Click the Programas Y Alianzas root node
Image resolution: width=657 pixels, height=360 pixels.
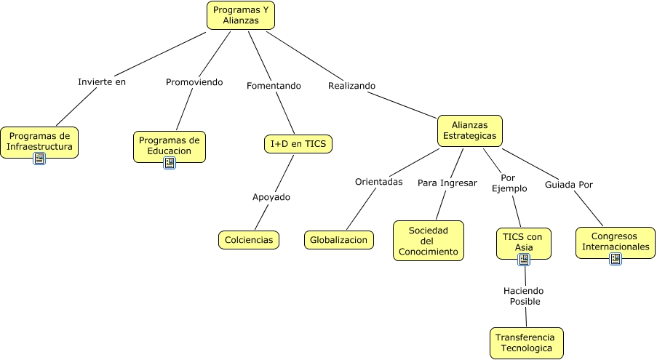click(x=241, y=15)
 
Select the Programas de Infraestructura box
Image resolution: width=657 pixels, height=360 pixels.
click(x=39, y=140)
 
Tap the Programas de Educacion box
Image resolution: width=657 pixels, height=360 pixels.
click(x=170, y=145)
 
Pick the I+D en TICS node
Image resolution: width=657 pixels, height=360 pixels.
click(x=298, y=144)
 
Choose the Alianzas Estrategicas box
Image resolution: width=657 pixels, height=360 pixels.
click(x=470, y=130)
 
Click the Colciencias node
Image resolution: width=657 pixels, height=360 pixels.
click(x=249, y=239)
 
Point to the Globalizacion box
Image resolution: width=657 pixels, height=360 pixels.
click(x=339, y=239)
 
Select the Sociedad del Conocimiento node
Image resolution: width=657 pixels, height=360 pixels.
click(x=429, y=241)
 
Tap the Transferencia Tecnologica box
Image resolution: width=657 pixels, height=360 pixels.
click(x=527, y=343)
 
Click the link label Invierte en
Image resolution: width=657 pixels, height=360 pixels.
click(x=102, y=81)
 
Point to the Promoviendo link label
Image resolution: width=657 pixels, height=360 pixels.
click(x=194, y=81)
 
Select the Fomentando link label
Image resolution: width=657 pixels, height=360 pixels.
click(x=274, y=86)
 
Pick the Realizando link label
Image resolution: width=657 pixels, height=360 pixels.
click(x=351, y=85)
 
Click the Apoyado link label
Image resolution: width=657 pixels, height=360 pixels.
click(x=271, y=196)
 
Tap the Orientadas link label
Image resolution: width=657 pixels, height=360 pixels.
click(x=378, y=182)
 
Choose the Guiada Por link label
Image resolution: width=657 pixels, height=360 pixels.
click(x=569, y=184)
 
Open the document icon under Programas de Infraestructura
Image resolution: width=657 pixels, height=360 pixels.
click(x=39, y=159)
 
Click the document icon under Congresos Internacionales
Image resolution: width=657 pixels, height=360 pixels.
click(x=616, y=258)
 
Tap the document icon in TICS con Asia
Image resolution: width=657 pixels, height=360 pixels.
click(x=524, y=259)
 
